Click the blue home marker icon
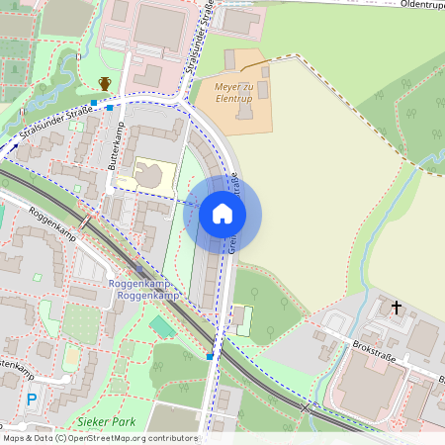pos(222,214)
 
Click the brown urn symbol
pos(105,84)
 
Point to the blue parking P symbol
pos(32,400)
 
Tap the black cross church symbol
pos(397,309)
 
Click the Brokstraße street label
pos(379,352)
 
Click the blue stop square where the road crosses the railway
pos(210,356)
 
